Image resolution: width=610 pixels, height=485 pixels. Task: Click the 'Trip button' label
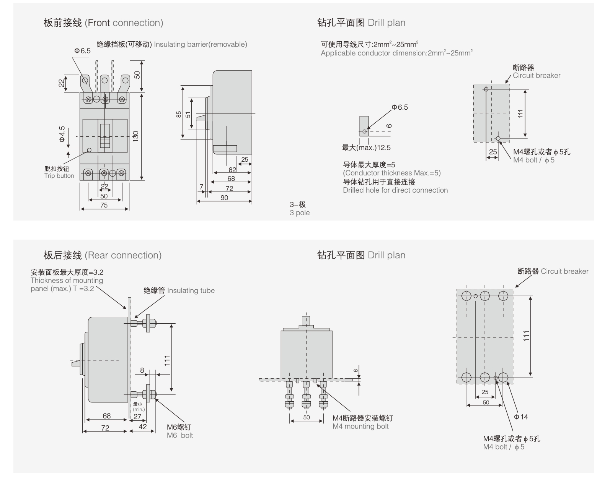pyautogui.click(x=59, y=176)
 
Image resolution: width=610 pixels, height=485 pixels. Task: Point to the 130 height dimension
pyautogui.click(x=135, y=136)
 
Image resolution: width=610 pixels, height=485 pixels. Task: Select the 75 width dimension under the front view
pyautogui.click(x=104, y=205)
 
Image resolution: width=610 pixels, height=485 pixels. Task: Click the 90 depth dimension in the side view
pyautogui.click(x=224, y=198)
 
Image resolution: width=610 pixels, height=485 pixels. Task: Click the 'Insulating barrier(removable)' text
pyautogui.click(x=200, y=44)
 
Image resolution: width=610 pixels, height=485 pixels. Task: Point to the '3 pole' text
pyautogui.click(x=300, y=213)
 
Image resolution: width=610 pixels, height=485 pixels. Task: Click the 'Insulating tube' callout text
pyautogui.click(x=191, y=290)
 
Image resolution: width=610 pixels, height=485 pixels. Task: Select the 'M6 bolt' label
pyautogui.click(x=180, y=435)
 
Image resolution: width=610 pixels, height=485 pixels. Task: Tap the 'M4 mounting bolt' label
pyautogui.click(x=360, y=426)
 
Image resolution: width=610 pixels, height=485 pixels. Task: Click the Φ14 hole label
pyautogui.click(x=521, y=417)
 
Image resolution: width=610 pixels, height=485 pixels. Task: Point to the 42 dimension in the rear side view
pyautogui.click(x=142, y=427)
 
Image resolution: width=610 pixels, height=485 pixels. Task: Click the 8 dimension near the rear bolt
pyautogui.click(x=142, y=370)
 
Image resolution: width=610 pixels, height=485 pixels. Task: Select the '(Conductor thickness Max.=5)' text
pyautogui.click(x=391, y=173)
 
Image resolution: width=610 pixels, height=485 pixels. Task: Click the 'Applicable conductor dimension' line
pyautogui.click(x=396, y=53)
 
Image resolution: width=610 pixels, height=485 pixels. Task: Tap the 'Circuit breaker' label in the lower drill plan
pyautogui.click(x=564, y=271)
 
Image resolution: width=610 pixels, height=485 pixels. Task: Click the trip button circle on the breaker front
pyautogui.click(x=90, y=150)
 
